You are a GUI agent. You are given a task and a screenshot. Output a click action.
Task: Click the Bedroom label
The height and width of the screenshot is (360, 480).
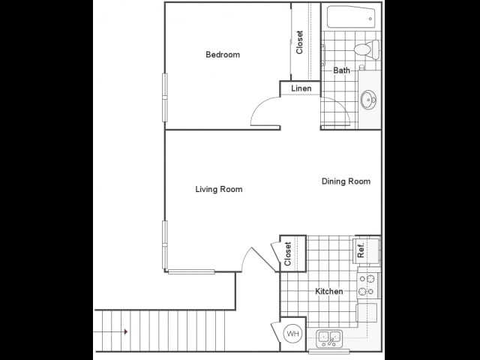click(x=223, y=55)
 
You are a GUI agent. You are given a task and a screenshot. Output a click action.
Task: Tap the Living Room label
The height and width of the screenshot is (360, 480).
click(x=219, y=189)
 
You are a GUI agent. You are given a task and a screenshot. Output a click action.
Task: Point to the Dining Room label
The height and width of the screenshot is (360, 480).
click(x=346, y=181)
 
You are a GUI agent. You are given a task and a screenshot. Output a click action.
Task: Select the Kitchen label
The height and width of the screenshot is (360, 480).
click(x=329, y=291)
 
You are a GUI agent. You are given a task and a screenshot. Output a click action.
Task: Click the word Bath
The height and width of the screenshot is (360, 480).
click(x=342, y=70)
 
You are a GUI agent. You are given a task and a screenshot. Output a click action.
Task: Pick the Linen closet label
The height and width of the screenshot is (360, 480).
click(x=301, y=88)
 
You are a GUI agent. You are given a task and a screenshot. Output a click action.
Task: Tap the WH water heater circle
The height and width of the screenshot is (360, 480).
click(x=293, y=333)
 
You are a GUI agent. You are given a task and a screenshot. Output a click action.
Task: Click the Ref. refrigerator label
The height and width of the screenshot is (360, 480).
click(x=361, y=250)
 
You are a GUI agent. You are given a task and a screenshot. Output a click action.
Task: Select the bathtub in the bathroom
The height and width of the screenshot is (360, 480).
click(x=351, y=16)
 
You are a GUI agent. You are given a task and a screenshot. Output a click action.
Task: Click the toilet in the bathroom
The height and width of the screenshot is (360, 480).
click(x=367, y=49)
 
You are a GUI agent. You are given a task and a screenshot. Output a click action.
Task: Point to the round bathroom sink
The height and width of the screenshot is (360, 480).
click(x=368, y=100)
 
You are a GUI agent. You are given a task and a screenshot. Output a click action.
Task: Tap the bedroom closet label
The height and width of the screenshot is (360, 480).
click(x=299, y=42)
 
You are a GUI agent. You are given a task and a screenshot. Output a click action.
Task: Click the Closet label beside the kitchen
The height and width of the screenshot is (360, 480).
click(x=287, y=253)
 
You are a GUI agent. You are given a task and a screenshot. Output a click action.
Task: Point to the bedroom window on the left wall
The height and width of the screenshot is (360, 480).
click(x=165, y=97)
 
